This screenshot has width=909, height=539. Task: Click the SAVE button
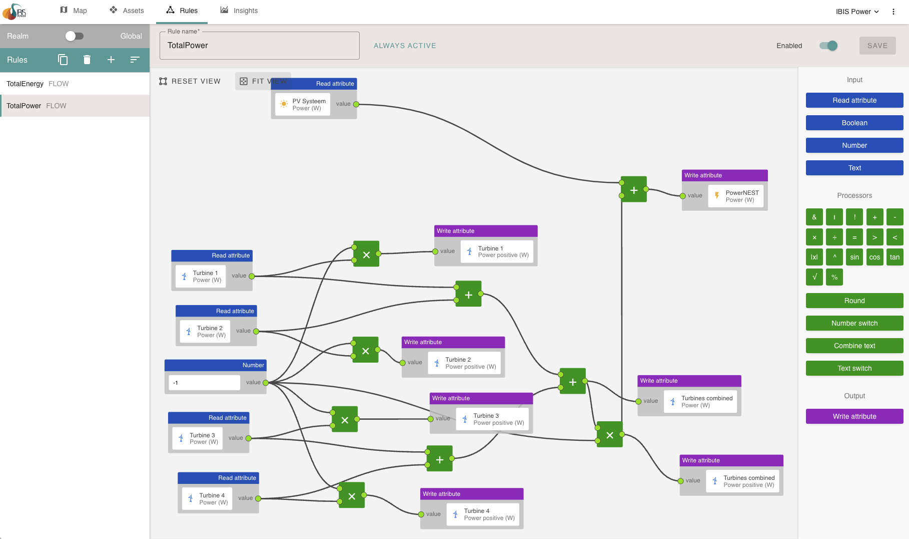point(877,46)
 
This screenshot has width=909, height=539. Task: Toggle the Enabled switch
point(828,46)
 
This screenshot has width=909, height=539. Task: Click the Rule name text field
point(259,46)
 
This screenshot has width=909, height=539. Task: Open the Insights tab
point(239,11)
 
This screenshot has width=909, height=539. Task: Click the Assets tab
point(127,11)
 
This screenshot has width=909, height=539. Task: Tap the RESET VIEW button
point(190,81)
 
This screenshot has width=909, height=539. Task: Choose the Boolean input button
point(854,123)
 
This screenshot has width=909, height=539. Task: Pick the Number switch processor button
point(854,323)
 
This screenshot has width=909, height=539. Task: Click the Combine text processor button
point(854,346)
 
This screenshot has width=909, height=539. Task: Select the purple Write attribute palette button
point(854,416)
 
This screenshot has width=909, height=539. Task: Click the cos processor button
point(874,257)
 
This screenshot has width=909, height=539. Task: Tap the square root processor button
point(814,277)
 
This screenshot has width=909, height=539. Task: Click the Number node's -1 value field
point(204,383)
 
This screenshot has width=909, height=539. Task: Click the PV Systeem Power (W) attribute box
point(303,105)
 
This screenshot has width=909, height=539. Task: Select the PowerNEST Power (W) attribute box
point(736,196)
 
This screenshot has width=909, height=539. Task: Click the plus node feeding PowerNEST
point(634,190)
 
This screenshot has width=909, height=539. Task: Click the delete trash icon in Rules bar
point(87,60)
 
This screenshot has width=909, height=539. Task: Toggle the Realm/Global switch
point(74,36)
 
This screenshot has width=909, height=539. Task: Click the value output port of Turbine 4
point(258,498)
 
